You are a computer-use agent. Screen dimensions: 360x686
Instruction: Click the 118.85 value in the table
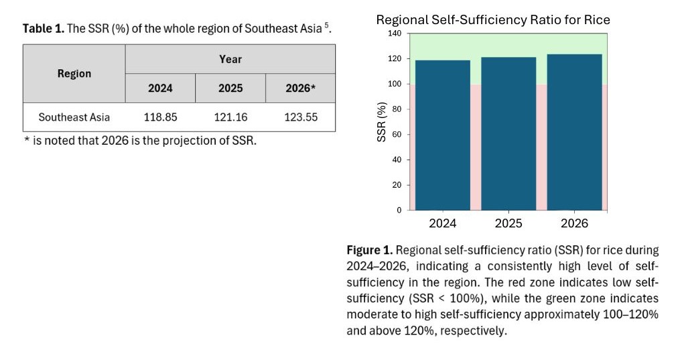(x=161, y=117)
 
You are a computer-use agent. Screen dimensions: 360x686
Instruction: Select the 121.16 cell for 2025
(x=230, y=117)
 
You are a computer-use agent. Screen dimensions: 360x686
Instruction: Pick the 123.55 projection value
(x=300, y=117)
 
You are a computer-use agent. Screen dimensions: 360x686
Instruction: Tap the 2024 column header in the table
(x=161, y=88)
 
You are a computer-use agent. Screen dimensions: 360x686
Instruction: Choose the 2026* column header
(x=300, y=88)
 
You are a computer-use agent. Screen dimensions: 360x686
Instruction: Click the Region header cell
(x=74, y=74)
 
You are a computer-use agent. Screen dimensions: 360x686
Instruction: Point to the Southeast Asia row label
(x=74, y=117)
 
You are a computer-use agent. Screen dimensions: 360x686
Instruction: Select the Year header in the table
(x=230, y=59)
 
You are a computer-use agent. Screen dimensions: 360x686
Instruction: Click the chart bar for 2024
(x=442, y=134)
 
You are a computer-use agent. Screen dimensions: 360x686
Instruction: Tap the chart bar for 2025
(x=508, y=134)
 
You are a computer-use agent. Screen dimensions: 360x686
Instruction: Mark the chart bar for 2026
(x=574, y=134)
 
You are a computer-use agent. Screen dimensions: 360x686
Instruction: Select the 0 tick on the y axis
(x=399, y=210)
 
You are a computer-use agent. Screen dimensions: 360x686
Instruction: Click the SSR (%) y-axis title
(x=382, y=122)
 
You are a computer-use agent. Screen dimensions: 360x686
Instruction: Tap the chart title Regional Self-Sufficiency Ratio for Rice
(x=493, y=19)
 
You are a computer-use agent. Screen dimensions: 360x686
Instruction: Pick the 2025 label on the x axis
(x=508, y=223)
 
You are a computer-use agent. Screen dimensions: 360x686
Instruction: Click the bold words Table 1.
(x=44, y=29)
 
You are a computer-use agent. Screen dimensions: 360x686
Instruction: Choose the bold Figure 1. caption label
(x=370, y=251)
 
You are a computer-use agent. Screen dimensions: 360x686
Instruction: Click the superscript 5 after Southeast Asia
(x=327, y=26)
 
